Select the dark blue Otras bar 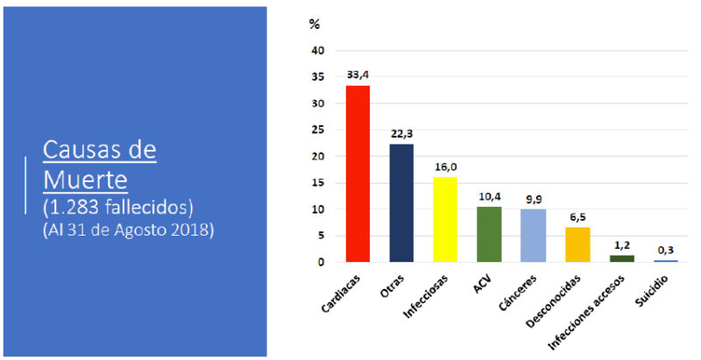pyautogui.click(x=401, y=202)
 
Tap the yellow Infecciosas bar pyautogui.click(x=445, y=219)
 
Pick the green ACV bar pyautogui.click(x=489, y=234)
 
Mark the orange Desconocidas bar pyautogui.click(x=577, y=244)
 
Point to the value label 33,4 pyautogui.click(x=358, y=75)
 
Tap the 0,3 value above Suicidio pyautogui.click(x=664, y=250)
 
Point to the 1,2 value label pyautogui.click(x=620, y=245)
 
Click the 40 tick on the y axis pyautogui.click(x=317, y=51)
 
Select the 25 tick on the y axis pyautogui.click(x=317, y=131)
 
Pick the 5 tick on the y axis pyautogui.click(x=321, y=236)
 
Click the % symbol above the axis pyautogui.click(x=315, y=24)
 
